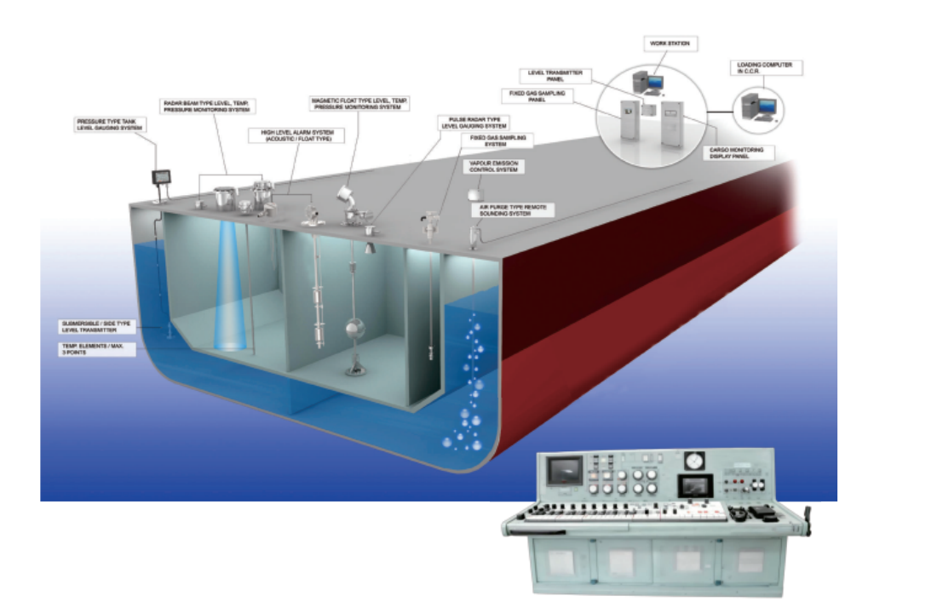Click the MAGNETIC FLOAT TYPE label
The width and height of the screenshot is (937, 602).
pos(359,103)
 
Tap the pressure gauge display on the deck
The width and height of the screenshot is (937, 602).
pos(159,177)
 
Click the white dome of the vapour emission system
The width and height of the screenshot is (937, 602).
pos(474,195)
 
